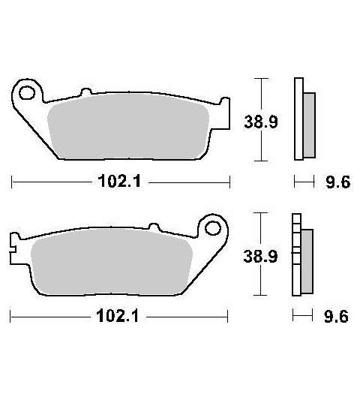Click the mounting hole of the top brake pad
click(27, 92)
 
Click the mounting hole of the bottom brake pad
click(213, 228)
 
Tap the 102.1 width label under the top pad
click(119, 181)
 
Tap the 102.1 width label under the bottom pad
click(118, 316)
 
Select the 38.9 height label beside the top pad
click(261, 122)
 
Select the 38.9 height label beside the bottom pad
click(260, 256)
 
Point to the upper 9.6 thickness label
click(338, 182)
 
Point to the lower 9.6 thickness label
click(336, 317)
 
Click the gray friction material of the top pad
click(128, 126)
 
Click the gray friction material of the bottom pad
click(112, 261)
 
